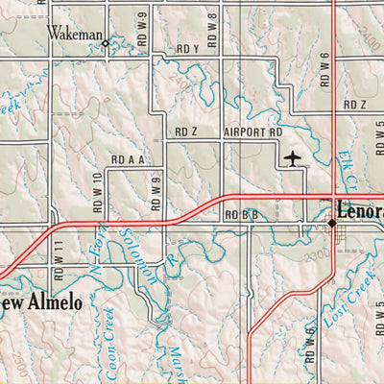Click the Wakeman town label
(x=75, y=35)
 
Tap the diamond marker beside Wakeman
(x=106, y=42)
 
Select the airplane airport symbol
(x=294, y=156)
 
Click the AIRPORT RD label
(x=253, y=132)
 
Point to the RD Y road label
(x=187, y=48)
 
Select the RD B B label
(x=241, y=215)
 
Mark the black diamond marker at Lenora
(x=332, y=223)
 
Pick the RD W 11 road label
(x=59, y=260)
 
